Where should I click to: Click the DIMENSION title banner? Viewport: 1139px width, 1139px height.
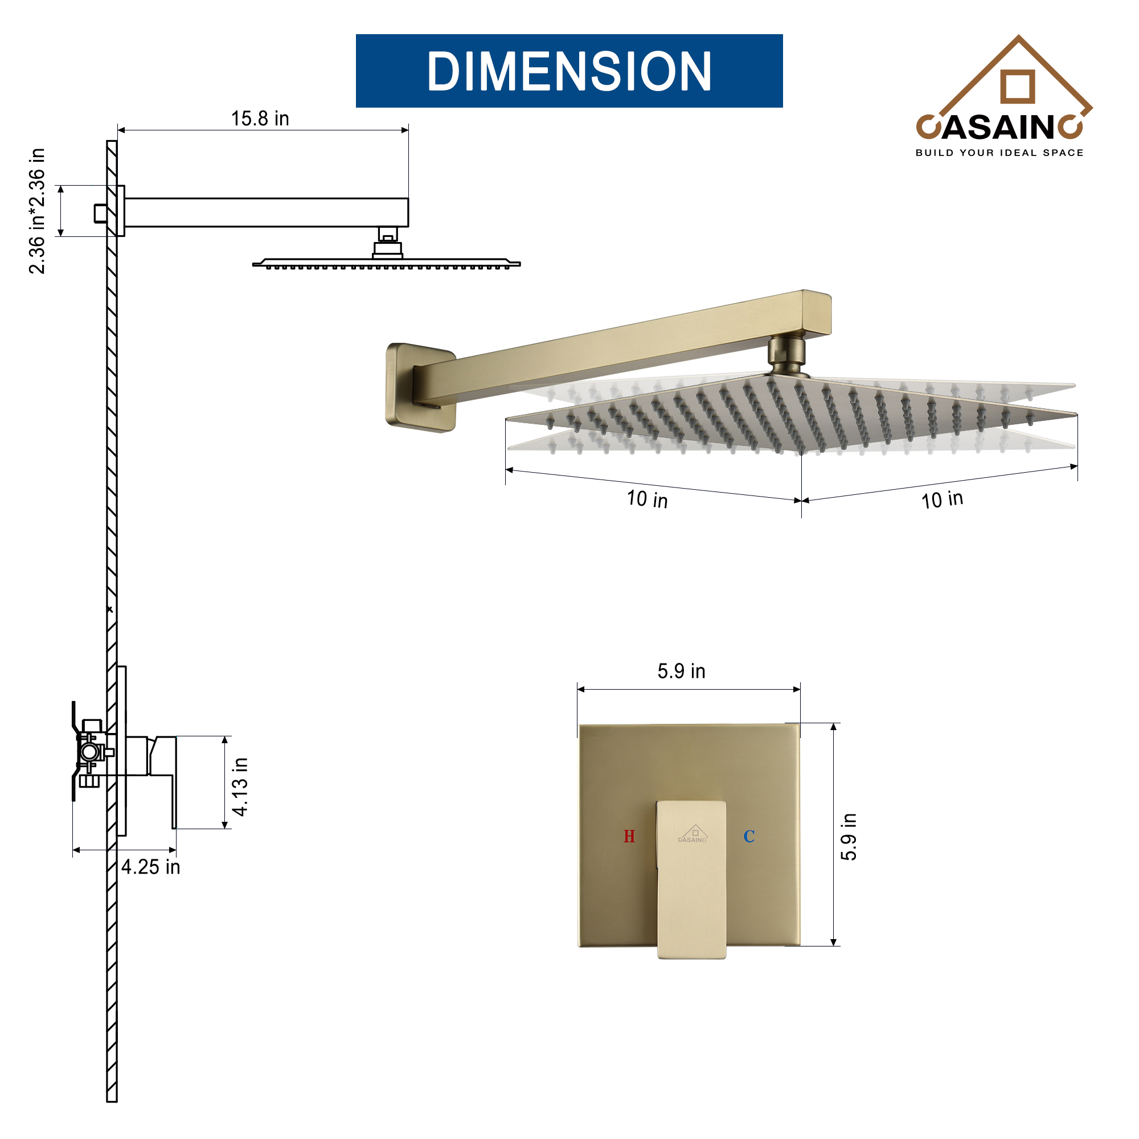569,71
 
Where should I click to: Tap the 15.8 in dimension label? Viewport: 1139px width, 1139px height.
260,118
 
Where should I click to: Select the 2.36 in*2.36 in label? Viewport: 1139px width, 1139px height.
36,211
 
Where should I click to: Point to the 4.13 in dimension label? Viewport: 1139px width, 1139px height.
240,786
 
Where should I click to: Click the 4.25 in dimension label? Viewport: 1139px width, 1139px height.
150,867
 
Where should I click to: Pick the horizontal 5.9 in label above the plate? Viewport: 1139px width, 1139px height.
681,671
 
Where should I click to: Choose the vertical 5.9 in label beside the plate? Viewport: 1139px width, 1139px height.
849,837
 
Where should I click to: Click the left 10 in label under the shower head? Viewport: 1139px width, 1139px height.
647,499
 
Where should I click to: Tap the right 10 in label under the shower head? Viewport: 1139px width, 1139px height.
942,499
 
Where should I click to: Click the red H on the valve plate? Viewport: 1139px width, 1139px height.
629,836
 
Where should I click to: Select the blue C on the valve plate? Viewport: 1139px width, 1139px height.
749,836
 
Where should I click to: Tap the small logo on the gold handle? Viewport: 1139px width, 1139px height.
692,834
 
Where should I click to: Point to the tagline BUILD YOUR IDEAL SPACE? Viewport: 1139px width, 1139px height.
999,153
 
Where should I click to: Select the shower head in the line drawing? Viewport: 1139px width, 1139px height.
386,263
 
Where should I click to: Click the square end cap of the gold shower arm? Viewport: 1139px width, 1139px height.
816,313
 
